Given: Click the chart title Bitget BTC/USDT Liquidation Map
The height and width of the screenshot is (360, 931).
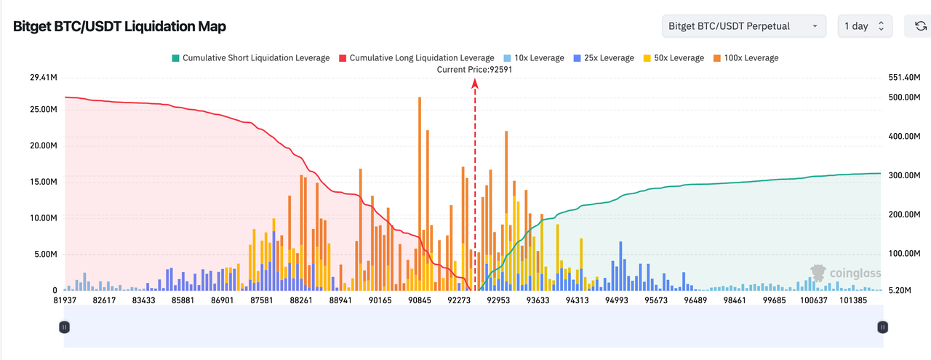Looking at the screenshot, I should pyautogui.click(x=119, y=26).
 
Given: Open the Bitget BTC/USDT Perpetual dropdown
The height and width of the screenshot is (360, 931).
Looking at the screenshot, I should pyautogui.click(x=744, y=26).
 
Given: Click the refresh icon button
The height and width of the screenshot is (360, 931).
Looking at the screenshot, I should pyautogui.click(x=920, y=26).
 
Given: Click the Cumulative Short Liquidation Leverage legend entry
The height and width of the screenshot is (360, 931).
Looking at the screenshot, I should pyautogui.click(x=250, y=57).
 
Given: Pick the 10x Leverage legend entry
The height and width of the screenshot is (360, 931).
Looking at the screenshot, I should pyautogui.click(x=533, y=57).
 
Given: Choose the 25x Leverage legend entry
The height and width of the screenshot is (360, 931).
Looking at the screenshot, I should pyautogui.click(x=604, y=57).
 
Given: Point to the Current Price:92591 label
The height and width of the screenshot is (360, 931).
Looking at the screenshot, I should pyautogui.click(x=474, y=69).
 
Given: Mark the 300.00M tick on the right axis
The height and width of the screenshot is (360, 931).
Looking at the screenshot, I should pyautogui.click(x=903, y=175).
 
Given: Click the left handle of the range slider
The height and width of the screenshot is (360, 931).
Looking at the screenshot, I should pyautogui.click(x=65, y=327).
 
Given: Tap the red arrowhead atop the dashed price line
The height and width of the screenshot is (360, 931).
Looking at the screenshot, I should pyautogui.click(x=475, y=83).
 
